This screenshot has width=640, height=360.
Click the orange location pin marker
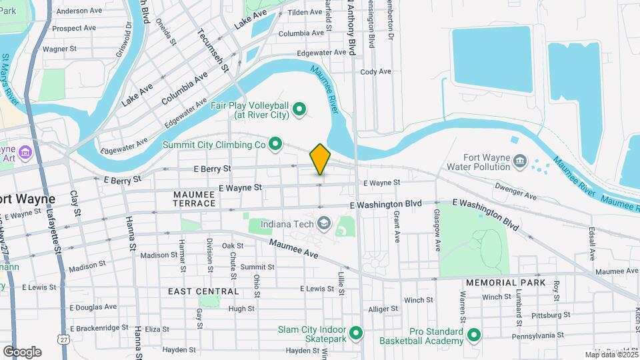point(321,159)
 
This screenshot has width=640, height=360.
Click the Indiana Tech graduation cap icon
point(324,223)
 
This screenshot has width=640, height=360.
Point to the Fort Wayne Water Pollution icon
point(520,161)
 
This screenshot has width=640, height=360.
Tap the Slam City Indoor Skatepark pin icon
point(355,332)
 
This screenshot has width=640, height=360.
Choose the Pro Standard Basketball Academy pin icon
point(474,335)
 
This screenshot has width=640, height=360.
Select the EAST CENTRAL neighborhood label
point(203,291)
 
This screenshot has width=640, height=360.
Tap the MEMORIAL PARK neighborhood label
point(501,283)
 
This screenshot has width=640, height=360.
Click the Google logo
point(21,351)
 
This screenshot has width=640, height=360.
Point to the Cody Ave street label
point(375,71)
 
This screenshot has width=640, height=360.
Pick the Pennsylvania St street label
point(541,335)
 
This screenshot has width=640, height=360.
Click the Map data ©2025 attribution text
point(611,355)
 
